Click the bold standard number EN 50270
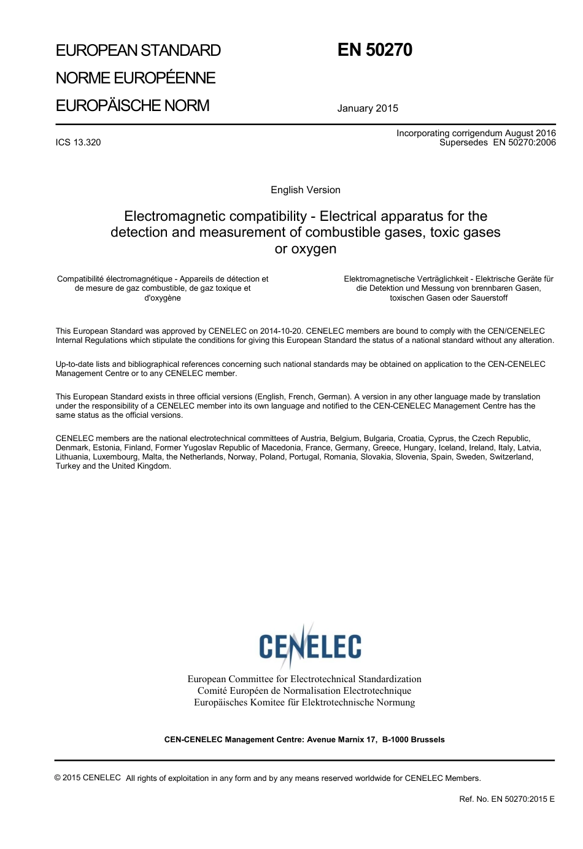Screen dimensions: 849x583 [x=374, y=50]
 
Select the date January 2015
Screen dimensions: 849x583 [x=367, y=109]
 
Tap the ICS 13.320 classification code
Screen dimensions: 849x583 [x=78, y=142]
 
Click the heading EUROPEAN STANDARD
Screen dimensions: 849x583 [x=138, y=50]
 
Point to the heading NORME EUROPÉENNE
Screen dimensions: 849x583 [x=135, y=78]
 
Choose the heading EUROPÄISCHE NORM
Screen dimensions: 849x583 [x=132, y=106]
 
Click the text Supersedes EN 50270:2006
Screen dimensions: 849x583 [x=497, y=143]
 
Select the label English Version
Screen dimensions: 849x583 [x=305, y=190]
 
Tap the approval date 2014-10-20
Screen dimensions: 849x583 [x=282, y=331]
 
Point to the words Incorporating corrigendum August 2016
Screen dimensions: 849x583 [x=476, y=133]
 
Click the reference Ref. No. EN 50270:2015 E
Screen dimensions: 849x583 [x=506, y=799]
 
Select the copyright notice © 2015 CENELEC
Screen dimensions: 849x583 [x=87, y=778]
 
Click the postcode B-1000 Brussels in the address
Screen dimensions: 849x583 [x=413, y=740]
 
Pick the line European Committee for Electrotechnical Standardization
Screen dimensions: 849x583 [x=304, y=679]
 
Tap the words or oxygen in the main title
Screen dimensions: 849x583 [x=305, y=249]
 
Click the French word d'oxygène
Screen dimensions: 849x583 [x=162, y=298]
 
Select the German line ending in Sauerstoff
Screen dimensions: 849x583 [x=448, y=298]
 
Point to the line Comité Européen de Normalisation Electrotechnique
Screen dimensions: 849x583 [x=304, y=691]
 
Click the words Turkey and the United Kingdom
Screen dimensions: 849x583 [x=113, y=466]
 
